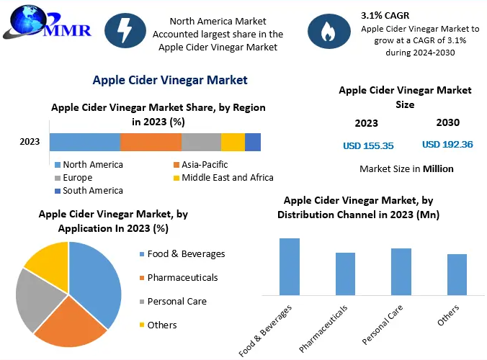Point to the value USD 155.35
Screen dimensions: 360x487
pyautogui.click(x=368, y=145)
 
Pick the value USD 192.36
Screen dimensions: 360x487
pyautogui.click(x=447, y=145)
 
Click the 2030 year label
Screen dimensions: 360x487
pyautogui.click(x=447, y=122)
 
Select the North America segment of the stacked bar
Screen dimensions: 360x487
pyautogui.click(x=84, y=142)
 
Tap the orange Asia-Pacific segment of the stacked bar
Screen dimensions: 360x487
pyautogui.click(x=151, y=142)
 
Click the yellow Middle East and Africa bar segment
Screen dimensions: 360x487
pyautogui.click(x=233, y=142)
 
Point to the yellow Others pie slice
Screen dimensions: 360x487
pyautogui.click(x=49, y=262)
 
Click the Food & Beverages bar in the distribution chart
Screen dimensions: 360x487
pyautogui.click(x=290, y=266)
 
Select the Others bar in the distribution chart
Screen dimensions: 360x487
pyautogui.click(x=457, y=274)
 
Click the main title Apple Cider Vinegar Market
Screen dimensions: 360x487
pyautogui.click(x=170, y=81)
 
